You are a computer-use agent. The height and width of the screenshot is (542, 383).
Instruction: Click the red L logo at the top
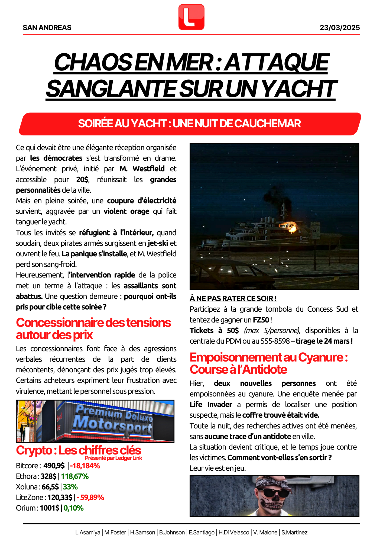[191, 17]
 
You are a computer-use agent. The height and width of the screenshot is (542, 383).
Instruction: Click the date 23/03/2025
[340, 28]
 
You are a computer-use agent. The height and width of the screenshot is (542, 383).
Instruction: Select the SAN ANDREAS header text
[47, 28]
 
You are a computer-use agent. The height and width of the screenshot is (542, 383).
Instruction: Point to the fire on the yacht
[291, 228]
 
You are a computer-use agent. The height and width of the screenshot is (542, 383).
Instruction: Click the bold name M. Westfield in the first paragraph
[142, 169]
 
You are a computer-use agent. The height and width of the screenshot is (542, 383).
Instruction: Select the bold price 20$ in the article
[82, 180]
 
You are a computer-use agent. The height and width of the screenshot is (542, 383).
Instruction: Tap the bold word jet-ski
[158, 243]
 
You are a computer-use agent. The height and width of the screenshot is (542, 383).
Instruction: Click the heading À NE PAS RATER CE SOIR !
[233, 298]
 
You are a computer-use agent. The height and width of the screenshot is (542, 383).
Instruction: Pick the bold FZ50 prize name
[261, 320]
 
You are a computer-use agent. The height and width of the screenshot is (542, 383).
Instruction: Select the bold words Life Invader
[211, 405]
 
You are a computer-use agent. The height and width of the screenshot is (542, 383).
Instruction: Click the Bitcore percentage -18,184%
[85, 466]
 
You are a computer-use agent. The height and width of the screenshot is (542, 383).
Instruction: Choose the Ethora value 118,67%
[75, 476]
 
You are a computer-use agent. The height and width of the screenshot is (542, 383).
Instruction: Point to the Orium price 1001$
[50, 508]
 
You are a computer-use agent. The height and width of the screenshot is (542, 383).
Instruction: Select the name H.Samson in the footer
[142, 533]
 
